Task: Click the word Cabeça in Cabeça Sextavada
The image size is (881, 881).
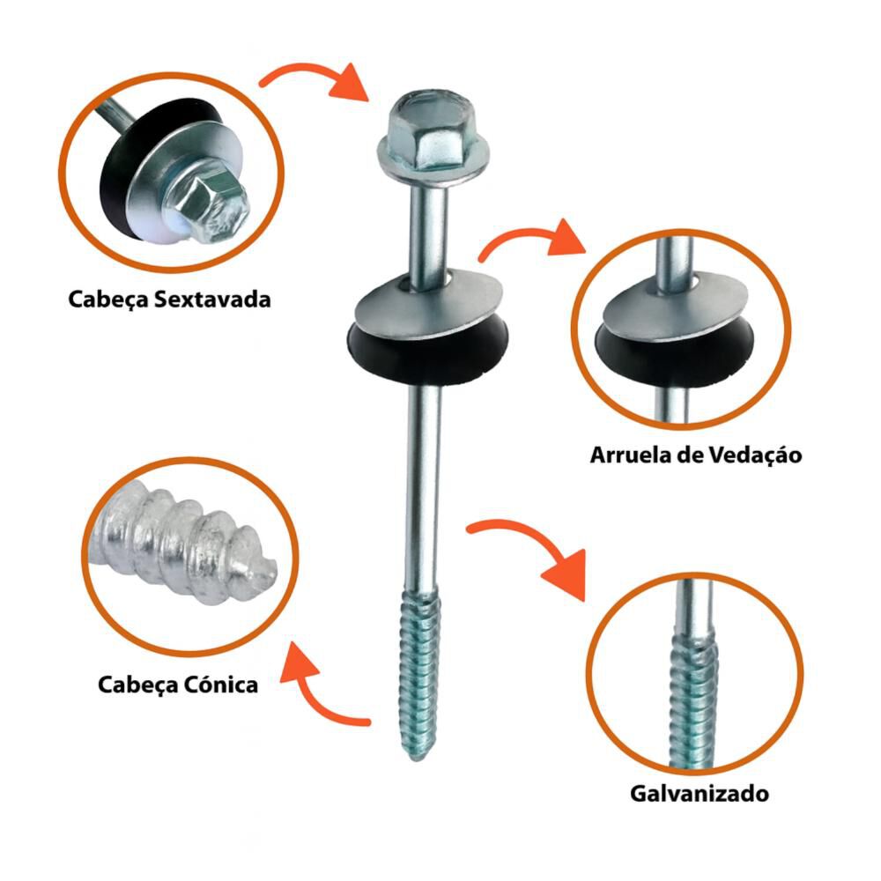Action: [x=108, y=300]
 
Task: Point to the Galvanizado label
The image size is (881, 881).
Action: [x=699, y=794]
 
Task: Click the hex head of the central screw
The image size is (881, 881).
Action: [x=433, y=136]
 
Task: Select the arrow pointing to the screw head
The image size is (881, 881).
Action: [x=315, y=80]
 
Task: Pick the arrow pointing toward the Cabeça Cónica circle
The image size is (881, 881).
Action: [x=315, y=694]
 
